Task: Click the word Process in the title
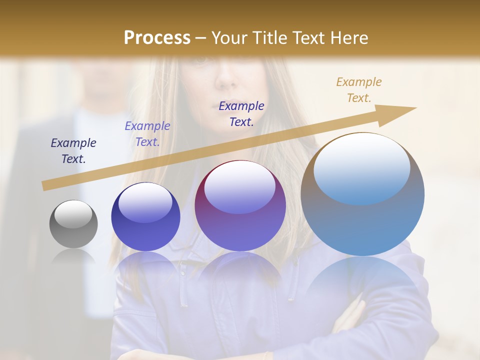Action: [157, 38]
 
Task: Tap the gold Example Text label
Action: [359, 90]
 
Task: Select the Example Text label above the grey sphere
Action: [73, 151]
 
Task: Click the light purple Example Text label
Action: [147, 134]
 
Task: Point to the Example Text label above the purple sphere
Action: [241, 114]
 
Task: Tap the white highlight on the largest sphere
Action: [361, 167]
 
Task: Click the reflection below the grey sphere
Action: [73, 257]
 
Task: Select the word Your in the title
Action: [229, 38]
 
